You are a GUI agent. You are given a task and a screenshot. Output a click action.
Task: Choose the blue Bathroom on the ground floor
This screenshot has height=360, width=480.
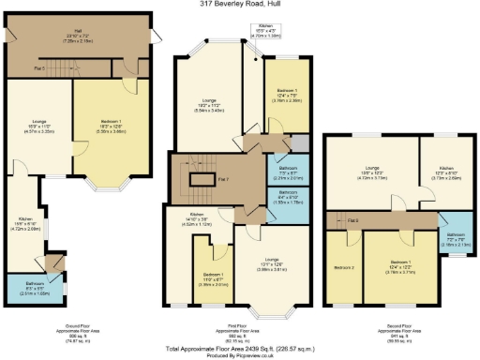click(x=30, y=287)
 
